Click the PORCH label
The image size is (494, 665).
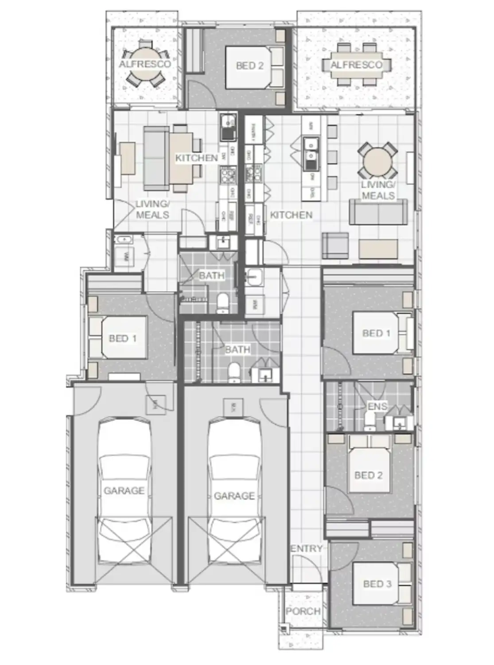pyautogui.click(x=303, y=611)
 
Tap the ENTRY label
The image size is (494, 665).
pyautogui.click(x=307, y=549)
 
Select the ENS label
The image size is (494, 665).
pyautogui.click(x=377, y=407)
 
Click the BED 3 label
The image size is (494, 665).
pyautogui.click(x=377, y=584)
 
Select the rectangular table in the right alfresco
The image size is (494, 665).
pyautogui.click(x=356, y=65)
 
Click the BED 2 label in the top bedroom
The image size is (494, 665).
pyautogui.click(x=249, y=66)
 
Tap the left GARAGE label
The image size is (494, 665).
pyautogui.click(x=124, y=491)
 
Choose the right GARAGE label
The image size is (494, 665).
pyautogui.click(x=234, y=496)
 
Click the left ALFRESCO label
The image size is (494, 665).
pyautogui.click(x=144, y=65)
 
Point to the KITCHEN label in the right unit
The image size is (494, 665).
pyautogui.click(x=291, y=215)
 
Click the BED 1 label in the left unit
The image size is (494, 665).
pyautogui.click(x=122, y=339)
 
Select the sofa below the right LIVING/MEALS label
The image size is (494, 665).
pyautogui.click(x=378, y=212)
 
